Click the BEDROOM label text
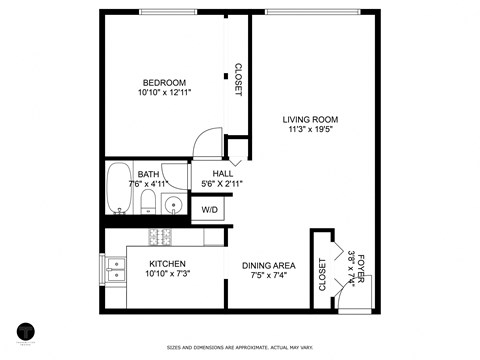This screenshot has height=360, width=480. click(x=165, y=82)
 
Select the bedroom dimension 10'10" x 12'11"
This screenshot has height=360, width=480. click(x=165, y=92)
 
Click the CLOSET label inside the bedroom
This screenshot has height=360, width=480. click(x=237, y=80)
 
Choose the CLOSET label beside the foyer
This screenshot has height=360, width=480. click(x=322, y=274)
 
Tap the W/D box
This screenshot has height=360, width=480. click(x=210, y=210)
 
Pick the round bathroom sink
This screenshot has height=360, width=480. click(x=174, y=207)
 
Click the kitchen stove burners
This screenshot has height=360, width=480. click(x=160, y=238)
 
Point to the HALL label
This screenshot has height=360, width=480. click(x=222, y=173)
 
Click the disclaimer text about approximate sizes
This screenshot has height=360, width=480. click(x=239, y=348)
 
